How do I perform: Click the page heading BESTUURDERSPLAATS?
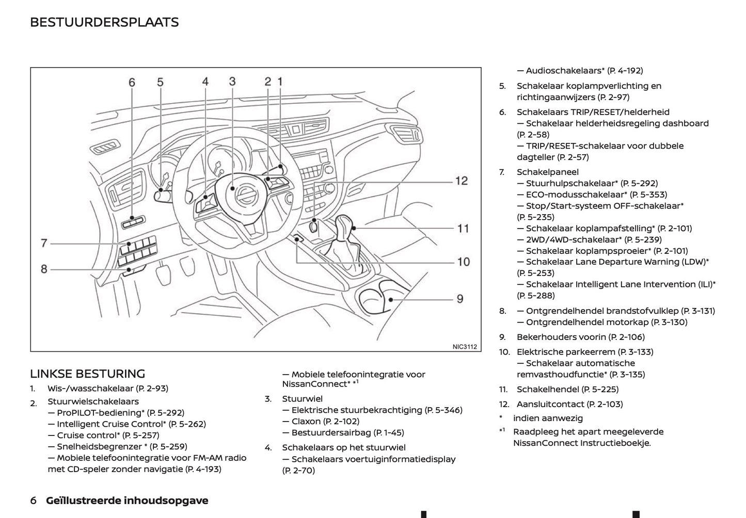pos(104,22)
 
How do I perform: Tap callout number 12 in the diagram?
pos(461,181)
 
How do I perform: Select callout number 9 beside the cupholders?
pos(459,299)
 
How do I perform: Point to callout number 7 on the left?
pos(44,243)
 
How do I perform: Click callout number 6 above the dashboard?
pos(132,83)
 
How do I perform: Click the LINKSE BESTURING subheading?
pos(87,374)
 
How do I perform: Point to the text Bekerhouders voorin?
pos(561,337)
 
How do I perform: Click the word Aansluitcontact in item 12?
pos(550,404)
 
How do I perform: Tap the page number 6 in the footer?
pos(34,500)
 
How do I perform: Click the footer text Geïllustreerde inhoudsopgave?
pos(127,500)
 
